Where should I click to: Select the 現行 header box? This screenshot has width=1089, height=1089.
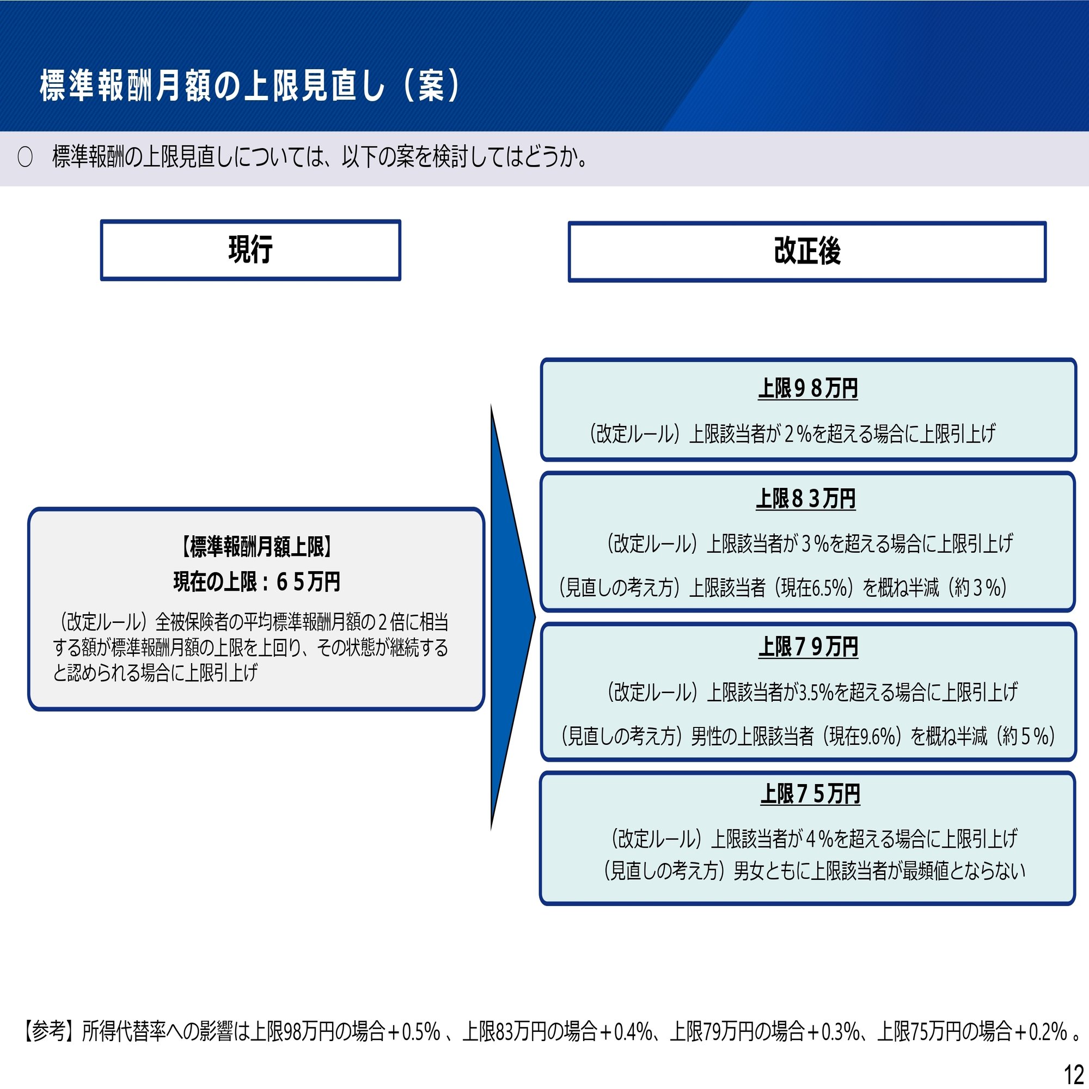[250, 250]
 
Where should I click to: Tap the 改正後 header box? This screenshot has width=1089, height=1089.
[806, 252]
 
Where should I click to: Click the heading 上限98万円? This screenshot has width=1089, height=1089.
[807, 388]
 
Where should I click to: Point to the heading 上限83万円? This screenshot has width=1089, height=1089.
[805, 499]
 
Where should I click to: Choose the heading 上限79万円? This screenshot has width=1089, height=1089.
[807, 646]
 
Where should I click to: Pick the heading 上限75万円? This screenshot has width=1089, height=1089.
[810, 794]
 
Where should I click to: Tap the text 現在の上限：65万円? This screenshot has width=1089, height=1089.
[256, 582]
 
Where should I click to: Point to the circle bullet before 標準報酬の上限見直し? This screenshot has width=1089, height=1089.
[25, 158]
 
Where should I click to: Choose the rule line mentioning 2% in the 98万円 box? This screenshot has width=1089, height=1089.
[792, 433]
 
